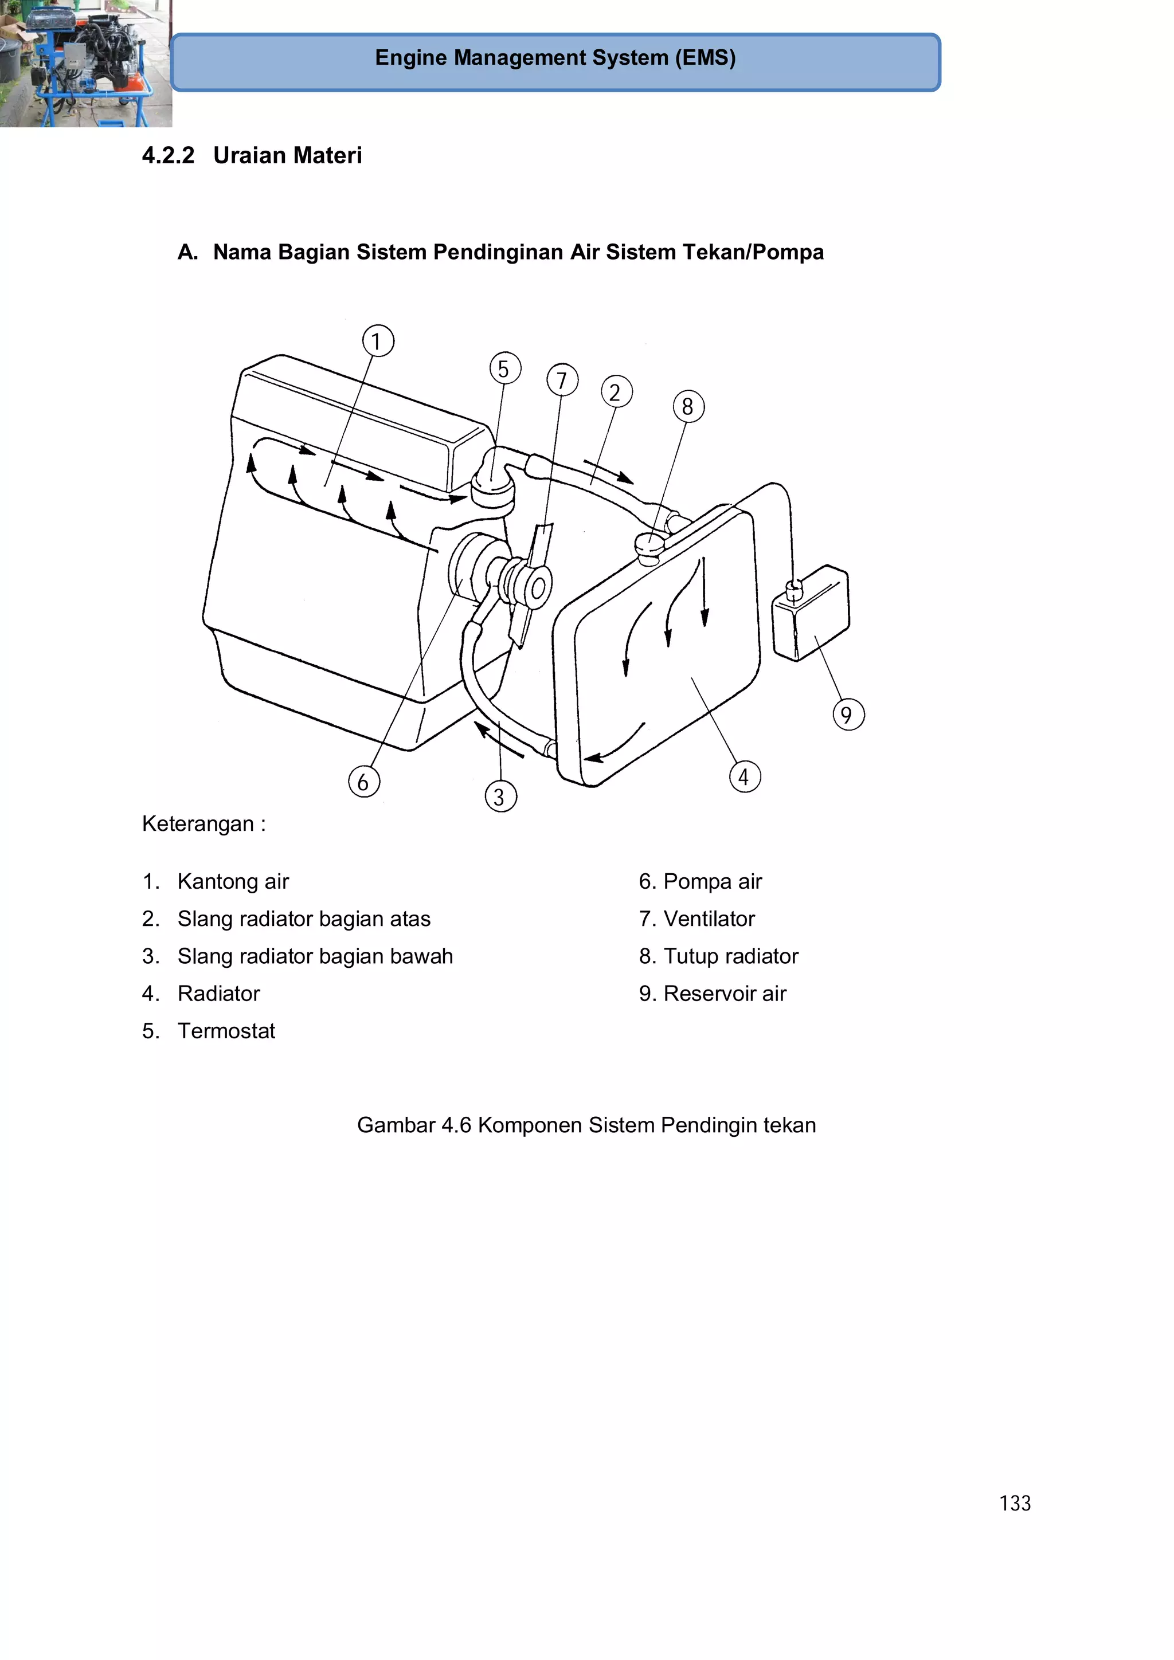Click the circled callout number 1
[x=378, y=342]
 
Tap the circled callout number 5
[x=505, y=368]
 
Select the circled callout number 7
[x=562, y=380]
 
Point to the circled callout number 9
[x=848, y=715]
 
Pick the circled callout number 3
[x=500, y=796]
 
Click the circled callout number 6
[x=364, y=782]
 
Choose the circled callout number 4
[x=744, y=777]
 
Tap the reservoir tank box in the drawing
[x=812, y=613]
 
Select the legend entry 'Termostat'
[x=226, y=1031]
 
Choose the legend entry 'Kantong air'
[x=233, y=881]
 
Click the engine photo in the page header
[x=85, y=64]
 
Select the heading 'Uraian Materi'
[x=287, y=155]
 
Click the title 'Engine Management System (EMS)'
[x=555, y=58]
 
